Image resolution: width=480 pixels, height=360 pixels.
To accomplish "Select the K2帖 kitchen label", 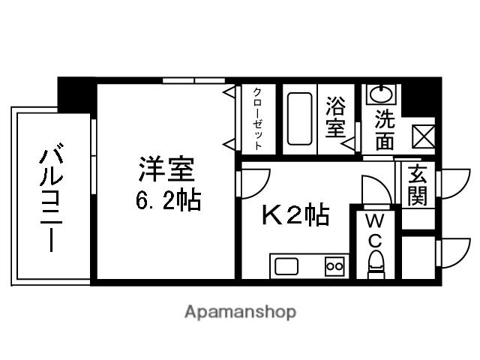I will click(x=295, y=215).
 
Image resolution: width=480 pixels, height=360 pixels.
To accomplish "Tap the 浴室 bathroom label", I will click(x=334, y=118).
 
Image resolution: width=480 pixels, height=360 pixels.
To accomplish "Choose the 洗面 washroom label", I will click(x=383, y=129).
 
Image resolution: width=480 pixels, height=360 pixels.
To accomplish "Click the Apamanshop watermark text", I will click(x=239, y=311).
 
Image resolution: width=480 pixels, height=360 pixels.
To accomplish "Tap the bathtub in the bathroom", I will click(x=301, y=121).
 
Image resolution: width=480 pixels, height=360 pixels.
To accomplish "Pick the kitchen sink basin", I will click(x=286, y=266).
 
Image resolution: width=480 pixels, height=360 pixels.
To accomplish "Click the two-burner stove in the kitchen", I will click(x=333, y=266).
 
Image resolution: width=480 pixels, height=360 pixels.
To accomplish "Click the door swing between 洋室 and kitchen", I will click(x=253, y=183).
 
